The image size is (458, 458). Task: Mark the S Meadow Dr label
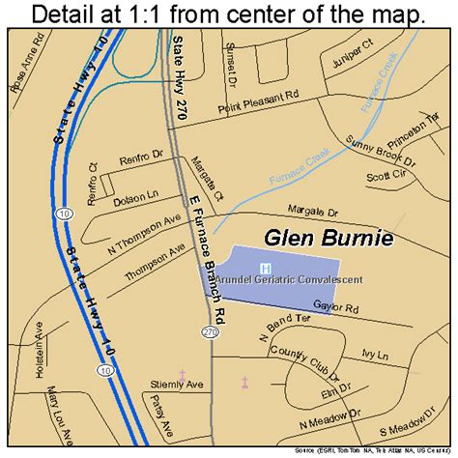coord(407,426)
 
